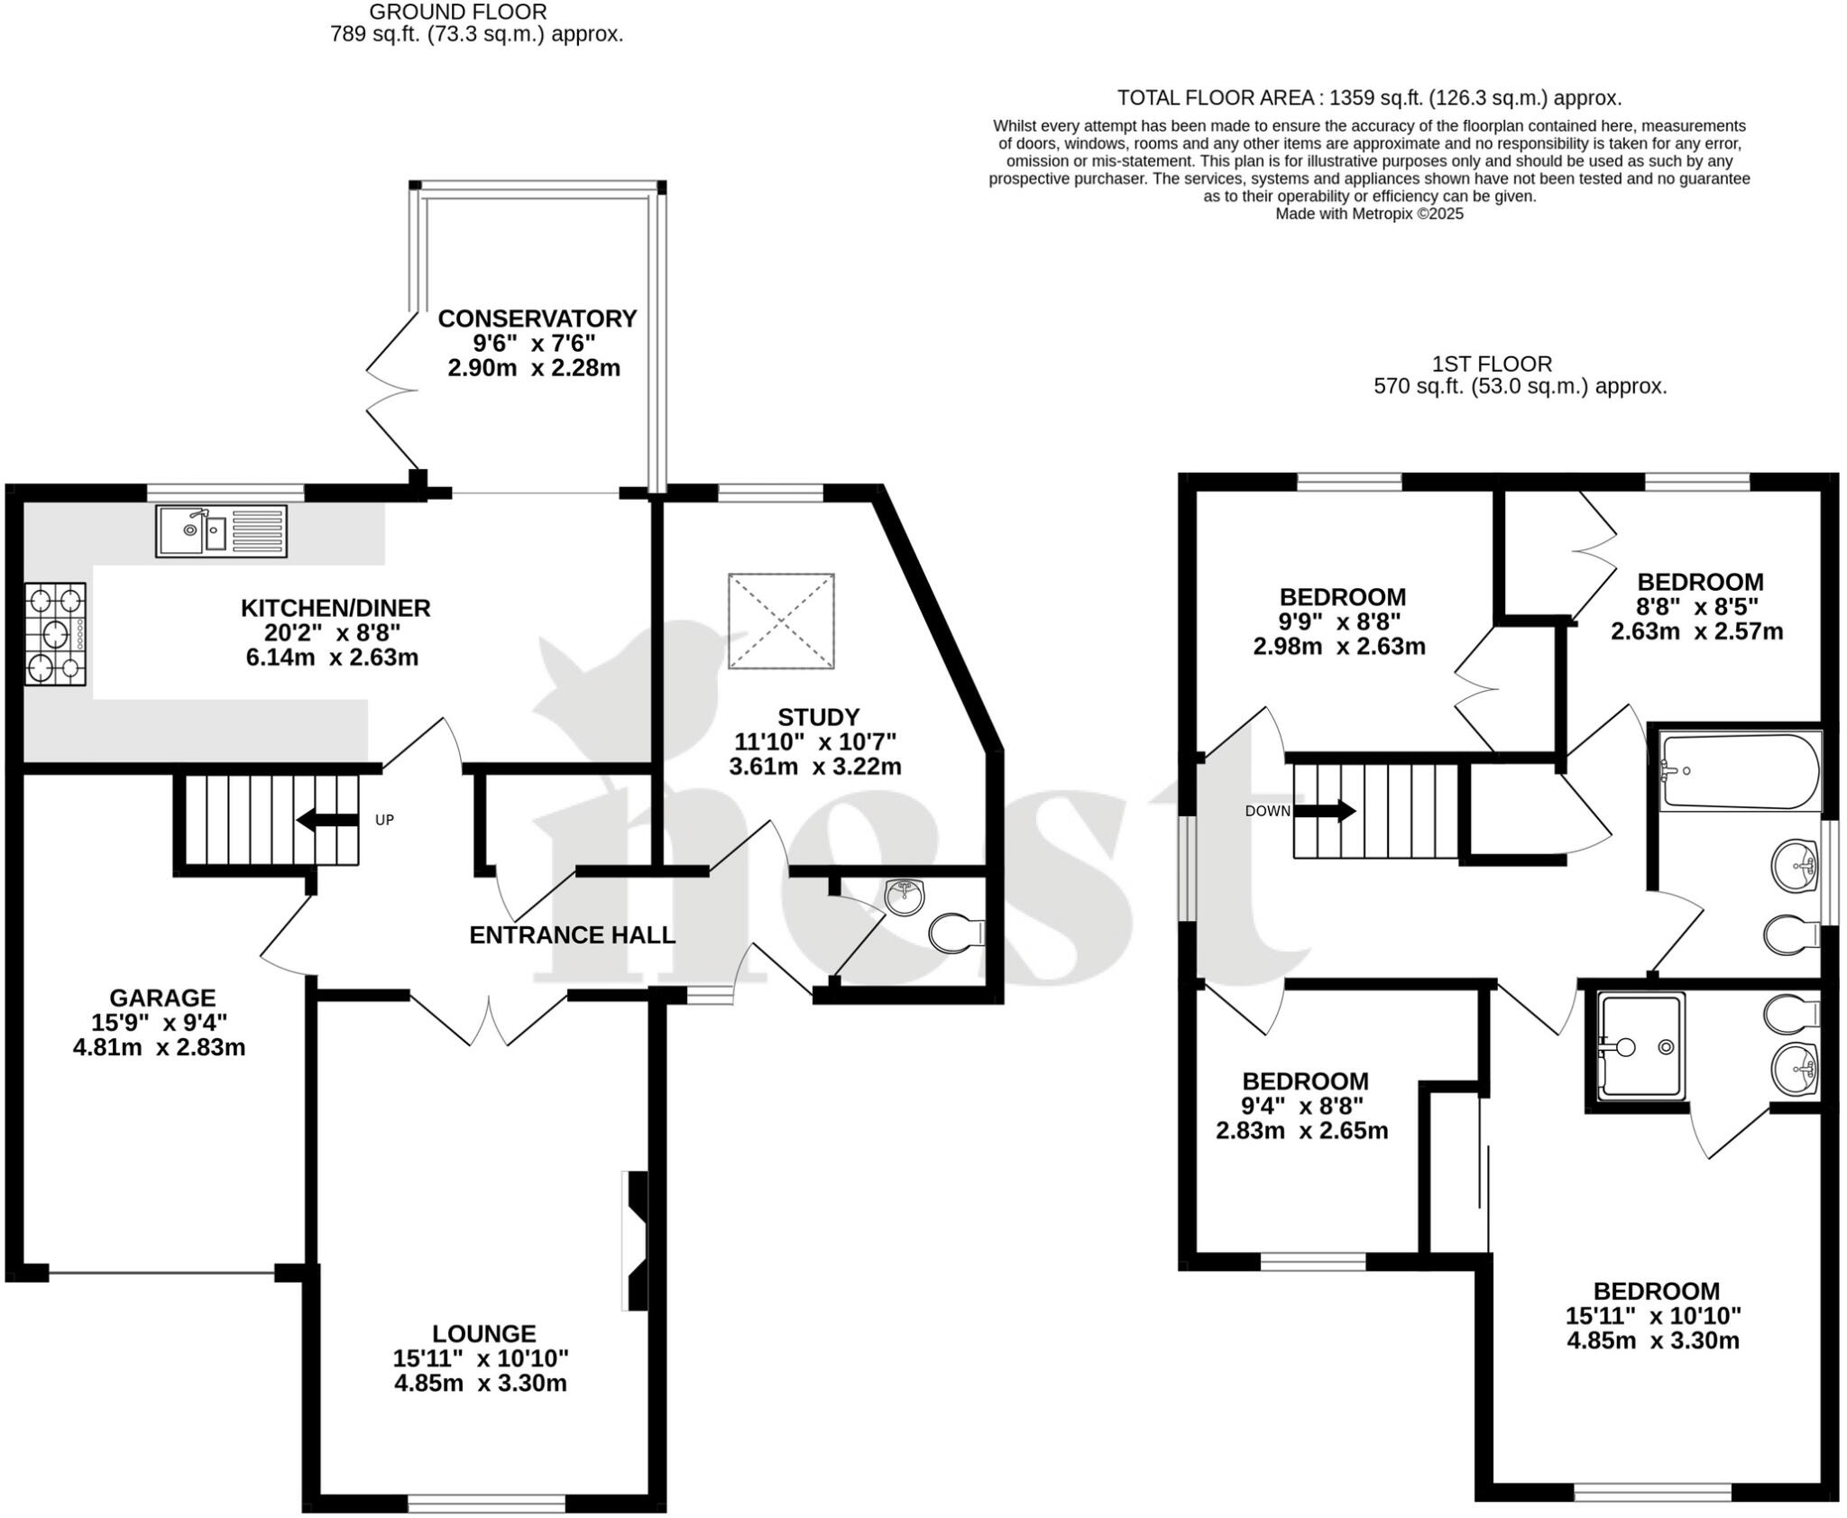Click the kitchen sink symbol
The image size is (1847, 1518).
point(221,531)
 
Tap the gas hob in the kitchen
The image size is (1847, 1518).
point(55,634)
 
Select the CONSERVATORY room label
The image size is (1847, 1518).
point(537,318)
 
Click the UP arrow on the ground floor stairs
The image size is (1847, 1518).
point(326,820)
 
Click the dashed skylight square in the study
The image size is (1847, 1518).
point(781,621)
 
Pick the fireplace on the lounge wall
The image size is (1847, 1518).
point(636,1239)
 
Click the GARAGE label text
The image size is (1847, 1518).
point(162,998)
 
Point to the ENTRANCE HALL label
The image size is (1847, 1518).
point(572,935)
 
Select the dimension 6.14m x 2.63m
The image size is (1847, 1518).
point(332,658)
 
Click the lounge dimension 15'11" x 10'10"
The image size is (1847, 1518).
point(481,1357)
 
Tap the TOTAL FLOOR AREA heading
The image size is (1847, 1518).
point(1369,98)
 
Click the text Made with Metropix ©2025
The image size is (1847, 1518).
point(1369,214)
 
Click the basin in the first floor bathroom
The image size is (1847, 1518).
point(1795,866)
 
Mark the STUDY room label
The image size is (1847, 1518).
point(818,717)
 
